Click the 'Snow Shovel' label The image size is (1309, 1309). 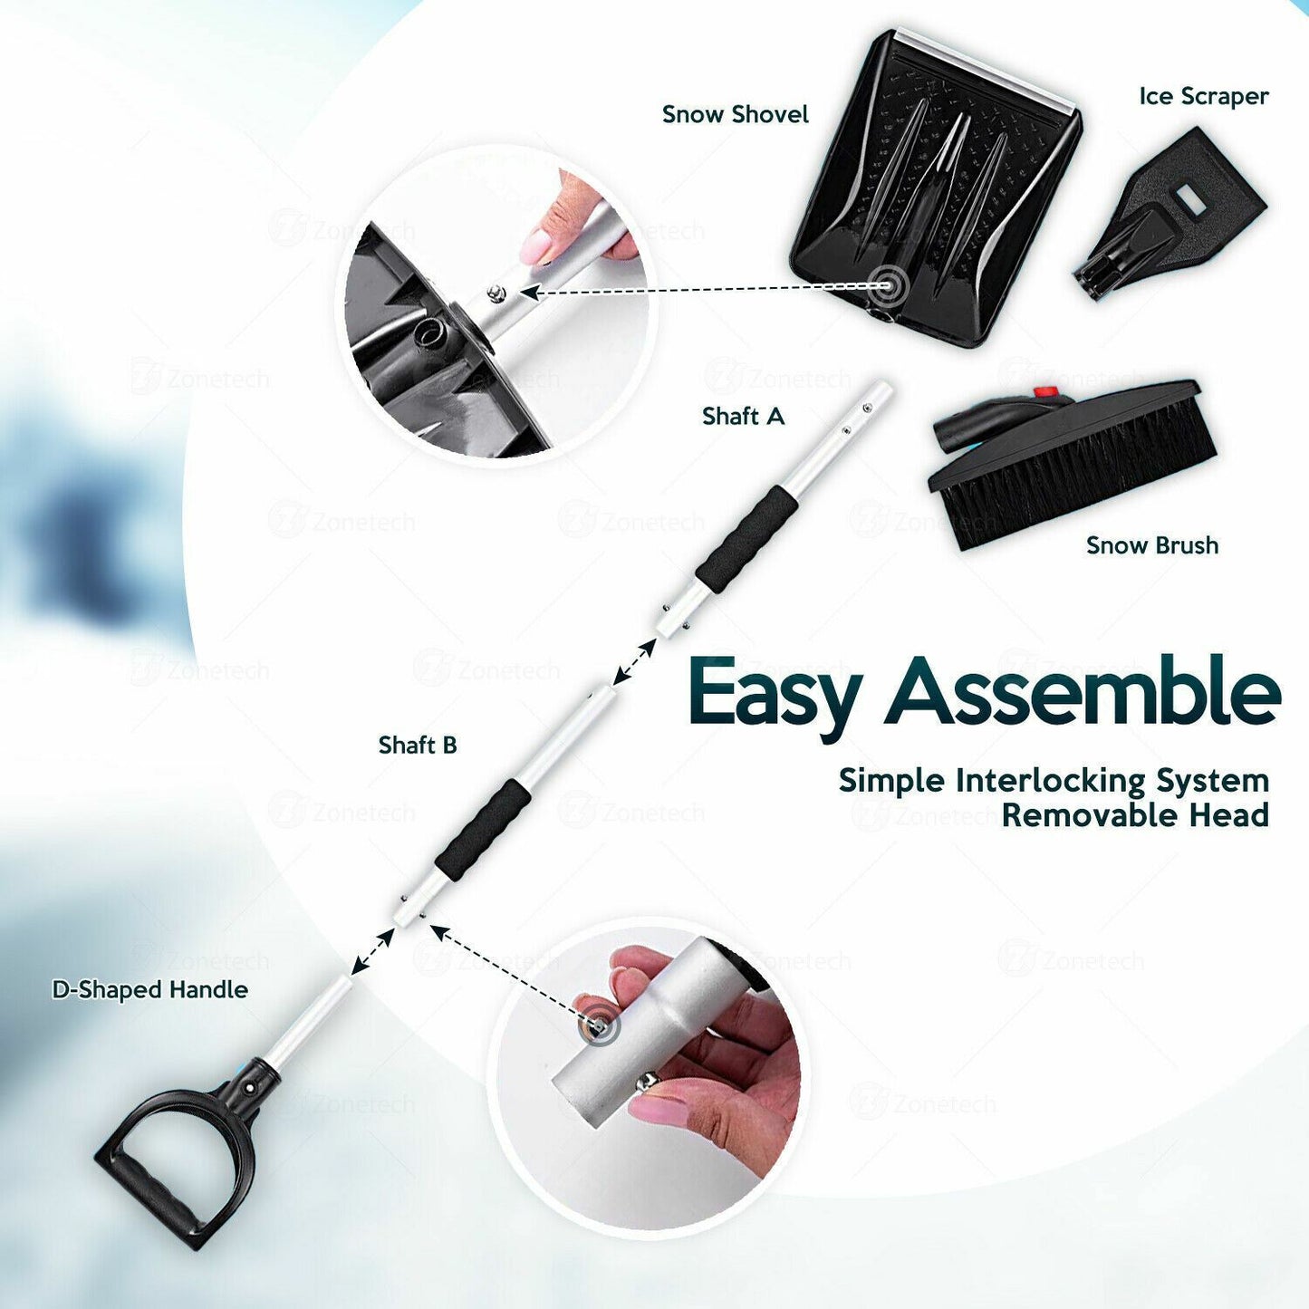735,114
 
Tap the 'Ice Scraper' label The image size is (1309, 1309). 1204,96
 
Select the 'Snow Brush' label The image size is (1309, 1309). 1152,545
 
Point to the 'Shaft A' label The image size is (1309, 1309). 743,416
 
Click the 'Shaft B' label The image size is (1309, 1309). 418,745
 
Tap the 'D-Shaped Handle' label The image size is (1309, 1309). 150,990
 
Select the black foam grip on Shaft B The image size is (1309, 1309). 483,828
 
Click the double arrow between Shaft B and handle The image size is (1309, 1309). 373,951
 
